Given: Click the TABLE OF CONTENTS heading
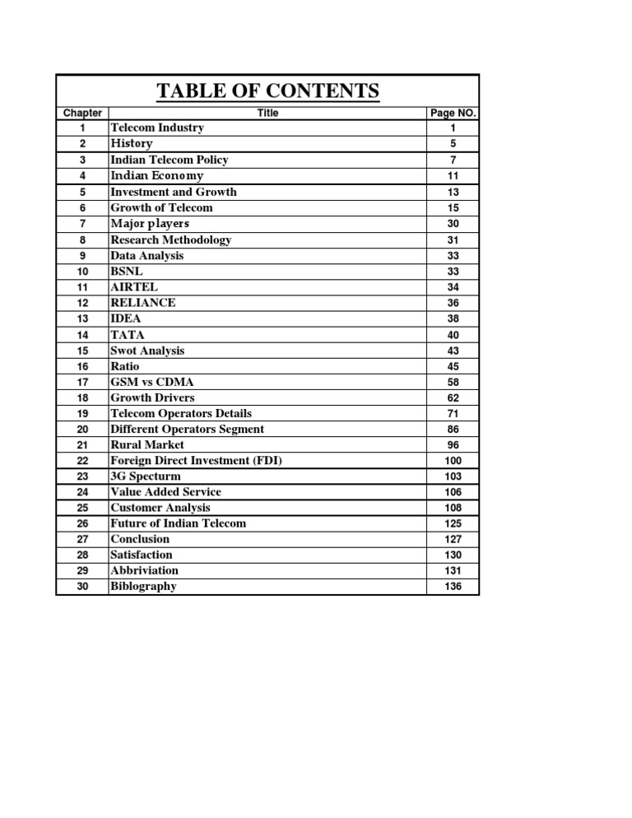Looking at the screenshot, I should (x=267, y=91).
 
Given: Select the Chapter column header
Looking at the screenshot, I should (x=82, y=113).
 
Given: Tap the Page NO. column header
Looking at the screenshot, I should (x=453, y=113).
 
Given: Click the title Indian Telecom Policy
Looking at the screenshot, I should (x=170, y=160).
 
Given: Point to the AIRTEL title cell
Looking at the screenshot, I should (x=135, y=287).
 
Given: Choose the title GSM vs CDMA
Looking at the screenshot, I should (x=152, y=382).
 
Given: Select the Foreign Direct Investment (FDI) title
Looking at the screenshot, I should (x=196, y=461).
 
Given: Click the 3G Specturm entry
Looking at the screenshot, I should (x=146, y=476).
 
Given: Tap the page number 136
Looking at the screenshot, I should (x=453, y=587).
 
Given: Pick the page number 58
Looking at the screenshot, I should (x=453, y=382).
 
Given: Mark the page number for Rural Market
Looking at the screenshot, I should (x=453, y=445).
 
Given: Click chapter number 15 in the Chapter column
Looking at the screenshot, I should (x=82, y=351).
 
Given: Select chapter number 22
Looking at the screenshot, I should (x=82, y=461).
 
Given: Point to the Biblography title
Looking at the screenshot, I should (x=143, y=587).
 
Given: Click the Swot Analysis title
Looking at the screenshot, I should (x=147, y=351).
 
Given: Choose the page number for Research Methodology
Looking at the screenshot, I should (x=453, y=240).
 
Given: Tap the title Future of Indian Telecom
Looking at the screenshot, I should (x=178, y=523).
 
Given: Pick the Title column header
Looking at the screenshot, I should (x=267, y=113).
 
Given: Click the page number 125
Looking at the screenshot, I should (x=453, y=523).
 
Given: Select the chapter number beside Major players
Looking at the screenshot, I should (x=82, y=224).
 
